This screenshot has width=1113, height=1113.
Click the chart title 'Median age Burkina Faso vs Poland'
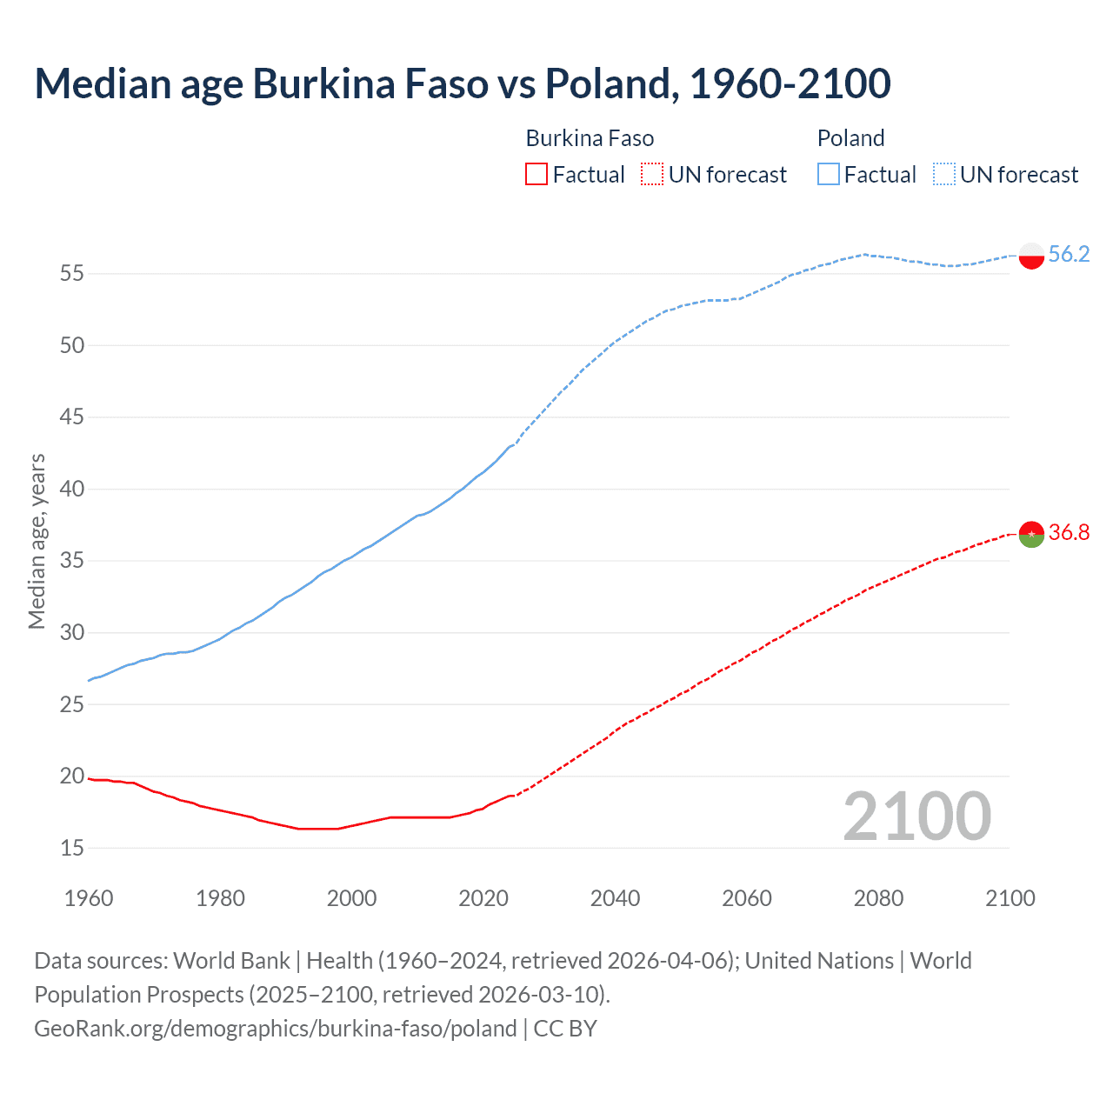pos(462,83)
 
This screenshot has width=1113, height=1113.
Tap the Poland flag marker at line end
pos(1031,256)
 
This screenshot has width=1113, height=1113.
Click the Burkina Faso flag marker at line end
pos(1031,534)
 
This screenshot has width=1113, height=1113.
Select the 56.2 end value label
pos(1069,254)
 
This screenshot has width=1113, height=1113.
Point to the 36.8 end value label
pos(1069,532)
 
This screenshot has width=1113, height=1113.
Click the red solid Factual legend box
pos(537,175)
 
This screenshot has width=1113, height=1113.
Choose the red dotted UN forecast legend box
pos(652,175)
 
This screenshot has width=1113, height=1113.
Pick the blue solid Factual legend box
pos(829,175)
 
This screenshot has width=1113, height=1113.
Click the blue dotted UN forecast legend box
pos(944,175)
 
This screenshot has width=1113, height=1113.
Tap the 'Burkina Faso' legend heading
pos(590,138)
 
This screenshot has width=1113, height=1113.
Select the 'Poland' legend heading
pos(850,138)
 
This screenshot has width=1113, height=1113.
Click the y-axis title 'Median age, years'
pos(37,541)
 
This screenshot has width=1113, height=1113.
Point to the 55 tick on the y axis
pos(72,274)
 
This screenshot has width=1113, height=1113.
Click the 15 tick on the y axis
pos(72,848)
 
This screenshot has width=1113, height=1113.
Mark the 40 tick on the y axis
pos(72,489)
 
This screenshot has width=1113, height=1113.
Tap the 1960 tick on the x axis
pos(89,898)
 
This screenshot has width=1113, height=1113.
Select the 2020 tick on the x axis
pos(483,898)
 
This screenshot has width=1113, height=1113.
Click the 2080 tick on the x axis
pos(878,898)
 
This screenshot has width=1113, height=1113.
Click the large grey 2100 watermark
pos(916,816)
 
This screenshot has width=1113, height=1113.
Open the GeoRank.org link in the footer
pos(275,1029)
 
